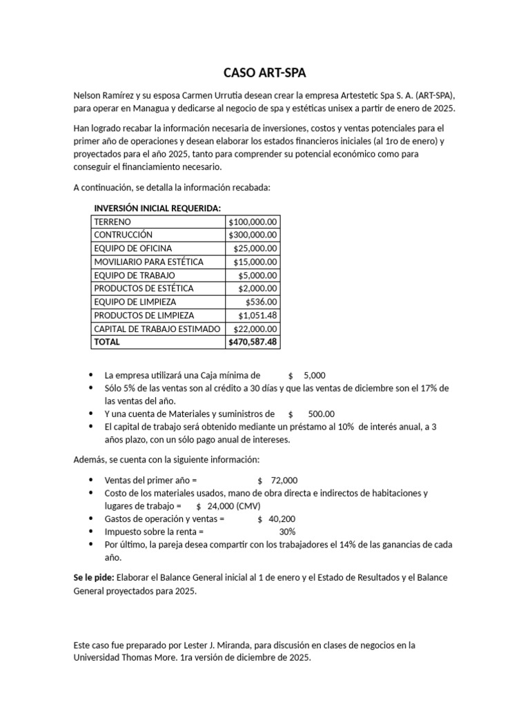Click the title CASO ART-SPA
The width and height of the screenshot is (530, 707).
264,73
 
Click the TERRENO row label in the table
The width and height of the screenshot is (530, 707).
112,222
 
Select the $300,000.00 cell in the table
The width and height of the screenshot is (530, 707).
253,235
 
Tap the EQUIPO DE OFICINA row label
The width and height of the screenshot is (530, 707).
133,248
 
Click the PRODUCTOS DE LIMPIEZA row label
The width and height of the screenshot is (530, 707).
144,315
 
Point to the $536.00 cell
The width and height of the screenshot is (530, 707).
262,302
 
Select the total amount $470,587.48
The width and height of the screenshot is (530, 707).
253,342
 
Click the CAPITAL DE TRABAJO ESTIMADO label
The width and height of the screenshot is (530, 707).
157,329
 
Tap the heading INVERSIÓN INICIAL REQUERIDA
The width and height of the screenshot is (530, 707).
157,209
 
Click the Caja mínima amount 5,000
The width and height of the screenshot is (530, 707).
314,376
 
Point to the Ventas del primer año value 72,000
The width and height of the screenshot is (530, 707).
285,481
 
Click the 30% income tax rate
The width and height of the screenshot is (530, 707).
287,532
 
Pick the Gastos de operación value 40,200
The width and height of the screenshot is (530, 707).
285,519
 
